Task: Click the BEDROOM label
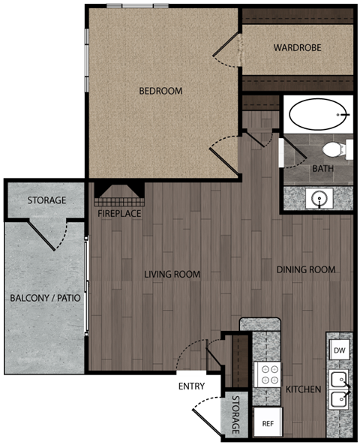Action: (160, 92)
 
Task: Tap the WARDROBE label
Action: (297, 48)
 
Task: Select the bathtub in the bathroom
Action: (319, 115)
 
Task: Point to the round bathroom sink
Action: (320, 199)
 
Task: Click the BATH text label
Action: (322, 169)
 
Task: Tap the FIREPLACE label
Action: (119, 213)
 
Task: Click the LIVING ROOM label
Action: (172, 275)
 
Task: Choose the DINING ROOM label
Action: (305, 270)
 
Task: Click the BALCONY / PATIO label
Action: (45, 298)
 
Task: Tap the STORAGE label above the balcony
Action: (46, 201)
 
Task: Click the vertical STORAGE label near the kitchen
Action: (235, 415)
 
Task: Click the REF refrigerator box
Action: (267, 423)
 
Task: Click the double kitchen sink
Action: (339, 389)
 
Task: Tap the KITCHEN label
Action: (303, 390)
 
